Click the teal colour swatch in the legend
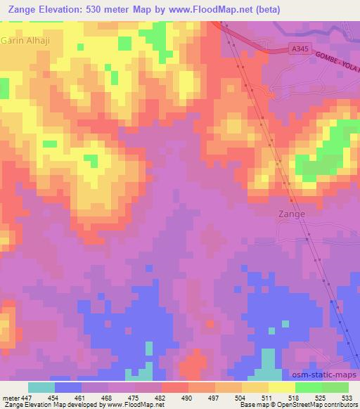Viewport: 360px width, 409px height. pyautogui.click(x=41, y=388)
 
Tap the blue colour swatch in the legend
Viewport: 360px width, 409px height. pyautogui.click(x=68, y=388)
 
